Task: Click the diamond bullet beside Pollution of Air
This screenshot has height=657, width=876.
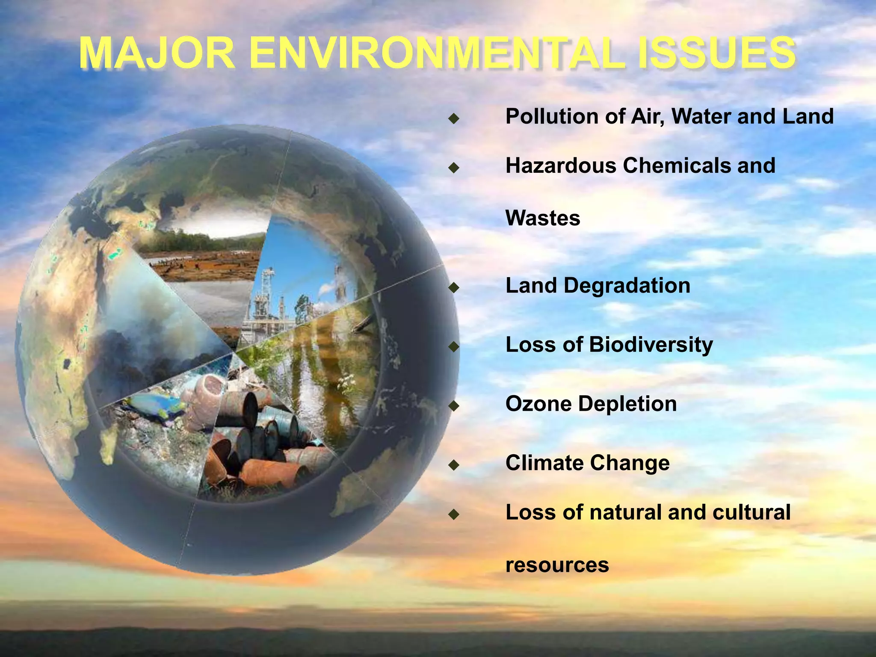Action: (453, 118)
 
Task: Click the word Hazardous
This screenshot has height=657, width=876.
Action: (561, 166)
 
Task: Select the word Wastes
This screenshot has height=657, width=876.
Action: (543, 218)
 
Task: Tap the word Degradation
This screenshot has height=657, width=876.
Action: (627, 286)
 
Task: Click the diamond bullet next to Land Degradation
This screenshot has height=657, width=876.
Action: (453, 287)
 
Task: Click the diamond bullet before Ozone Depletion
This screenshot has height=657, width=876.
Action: (453, 405)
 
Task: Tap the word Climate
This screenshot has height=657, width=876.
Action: (545, 463)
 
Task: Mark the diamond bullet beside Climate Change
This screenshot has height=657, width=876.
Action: (453, 465)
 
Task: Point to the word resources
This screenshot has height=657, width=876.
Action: (557, 565)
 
